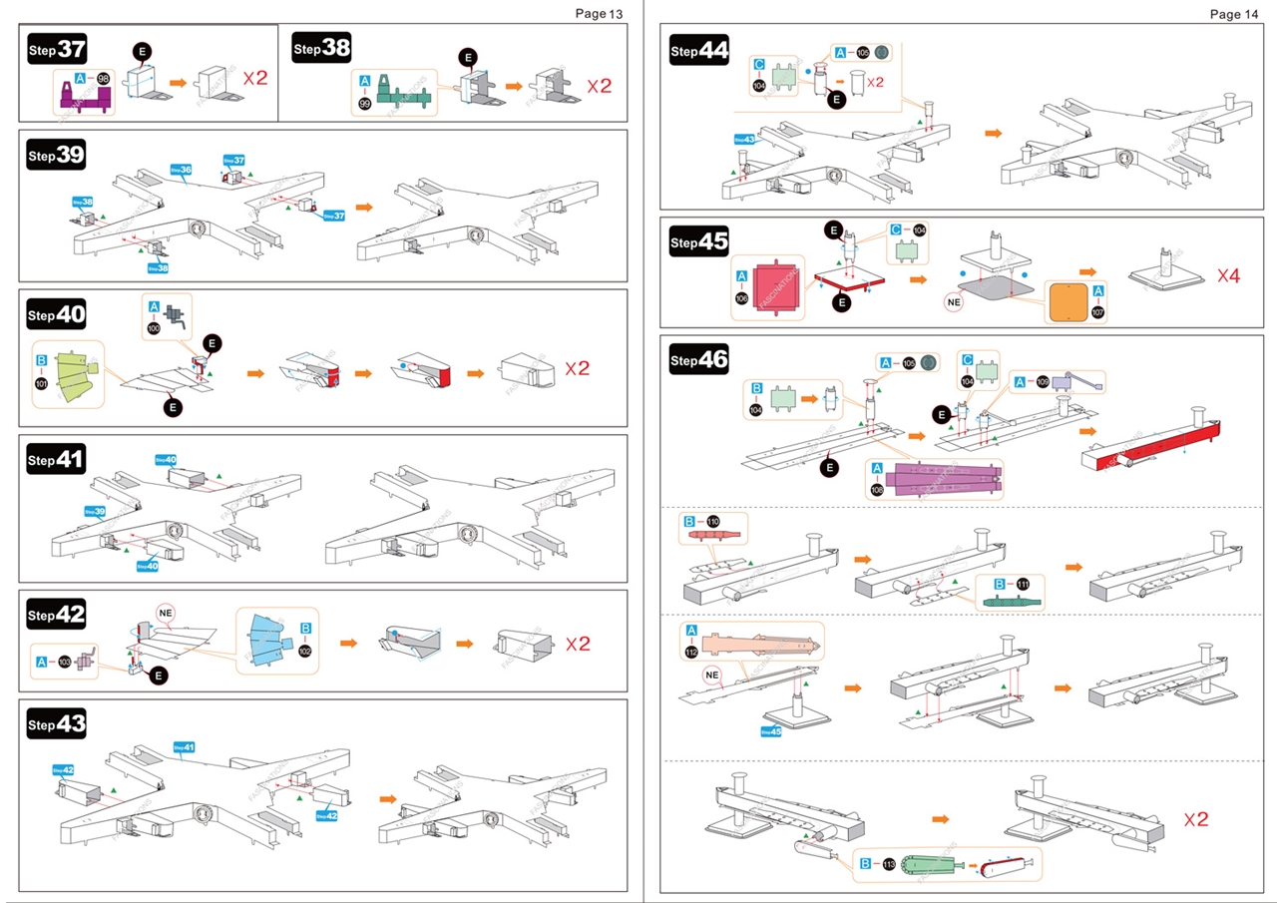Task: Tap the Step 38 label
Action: coord(321,48)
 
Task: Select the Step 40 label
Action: coord(57,315)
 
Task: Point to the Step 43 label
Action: coord(57,724)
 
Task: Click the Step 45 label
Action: coord(698,241)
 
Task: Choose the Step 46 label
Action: coord(698,359)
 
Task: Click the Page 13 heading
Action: coord(599,13)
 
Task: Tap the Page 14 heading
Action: coord(1233,14)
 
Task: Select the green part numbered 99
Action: coord(404,97)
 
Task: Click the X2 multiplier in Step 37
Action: coord(254,78)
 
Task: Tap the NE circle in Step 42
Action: coord(166,612)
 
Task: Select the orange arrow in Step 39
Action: coord(365,208)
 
